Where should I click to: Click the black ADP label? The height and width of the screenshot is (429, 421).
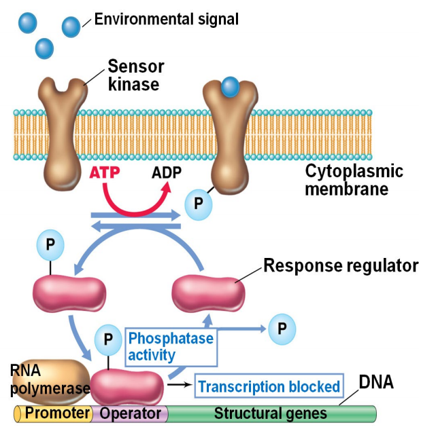(x=166, y=172)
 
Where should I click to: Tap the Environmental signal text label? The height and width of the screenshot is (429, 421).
(x=166, y=19)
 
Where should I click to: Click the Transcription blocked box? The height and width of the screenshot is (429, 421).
(x=269, y=387)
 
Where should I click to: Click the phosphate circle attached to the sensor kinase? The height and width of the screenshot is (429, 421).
(x=199, y=202)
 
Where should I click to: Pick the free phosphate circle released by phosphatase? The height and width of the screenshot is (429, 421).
(x=282, y=329)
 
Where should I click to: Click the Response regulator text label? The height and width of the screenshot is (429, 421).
(x=340, y=265)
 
